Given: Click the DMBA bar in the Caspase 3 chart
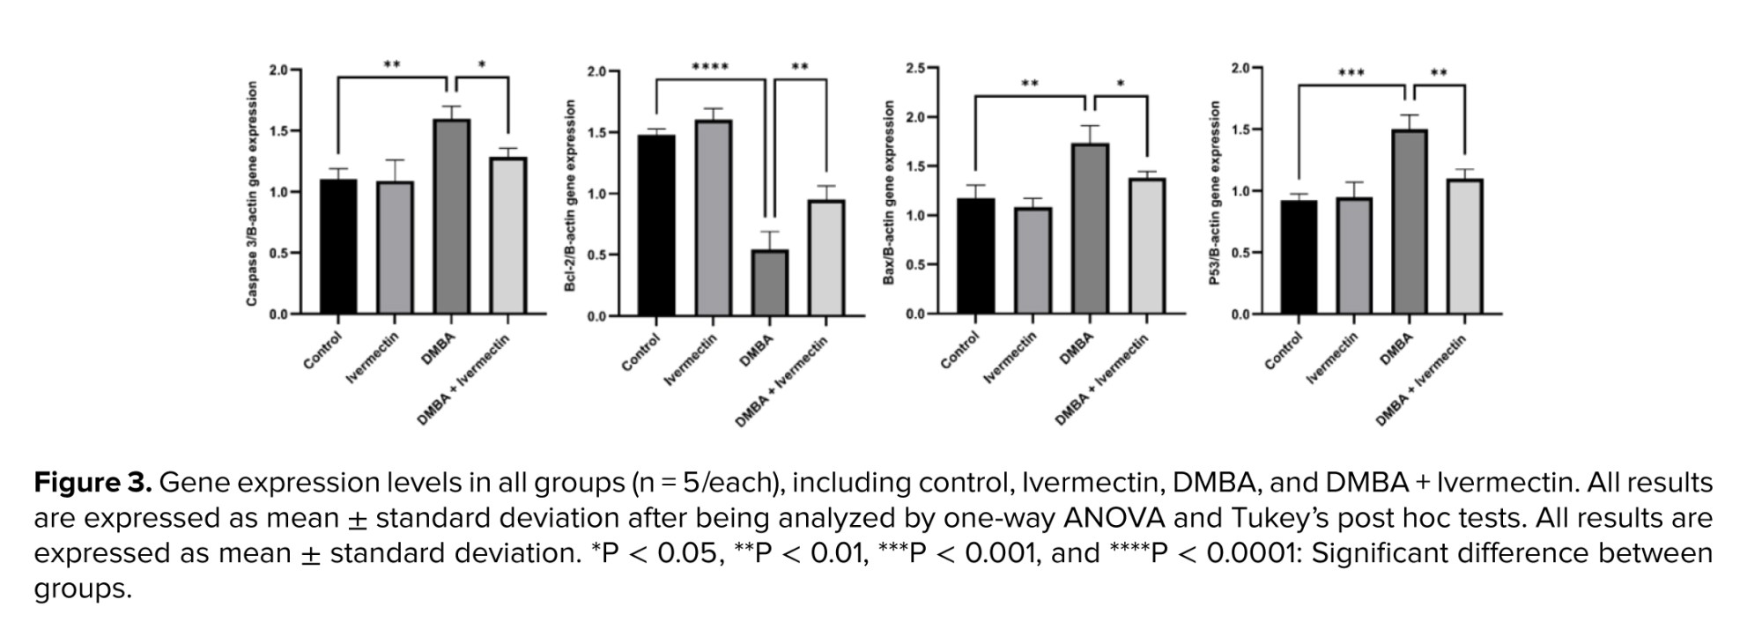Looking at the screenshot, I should [x=452, y=217].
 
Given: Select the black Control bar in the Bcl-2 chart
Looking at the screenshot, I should [x=657, y=225].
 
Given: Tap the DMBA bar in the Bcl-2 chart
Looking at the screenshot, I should [x=770, y=282].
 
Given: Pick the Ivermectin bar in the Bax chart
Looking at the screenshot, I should [x=1033, y=261].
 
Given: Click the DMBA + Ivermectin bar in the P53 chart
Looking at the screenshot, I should [x=1464, y=247].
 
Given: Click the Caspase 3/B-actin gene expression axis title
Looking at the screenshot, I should [x=252, y=194].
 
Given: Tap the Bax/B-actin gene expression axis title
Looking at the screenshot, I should [x=889, y=192].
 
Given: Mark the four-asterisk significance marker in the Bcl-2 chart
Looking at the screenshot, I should [x=710, y=67].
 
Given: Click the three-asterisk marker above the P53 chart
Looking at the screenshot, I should [x=1351, y=73].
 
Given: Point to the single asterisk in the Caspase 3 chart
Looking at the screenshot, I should [x=482, y=65].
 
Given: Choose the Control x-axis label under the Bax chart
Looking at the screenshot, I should [x=959, y=351].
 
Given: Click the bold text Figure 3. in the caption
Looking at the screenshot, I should [x=93, y=483].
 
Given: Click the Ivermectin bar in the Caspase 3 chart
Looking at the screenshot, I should [x=396, y=247].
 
